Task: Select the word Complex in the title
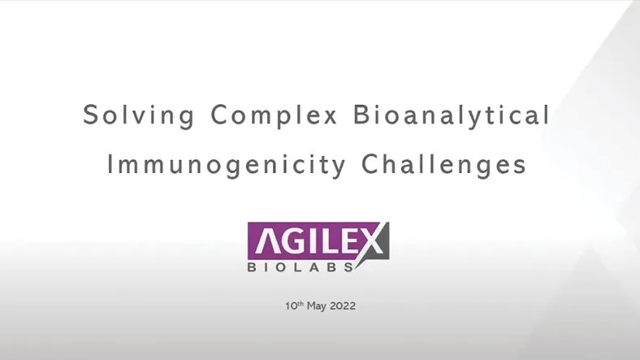275,115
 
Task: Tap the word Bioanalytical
452,115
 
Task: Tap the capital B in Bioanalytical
361,115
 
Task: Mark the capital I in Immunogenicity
112,165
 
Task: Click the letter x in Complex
331,116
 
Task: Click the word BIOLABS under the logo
301,267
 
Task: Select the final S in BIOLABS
349,267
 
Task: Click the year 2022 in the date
343,307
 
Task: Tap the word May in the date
317,307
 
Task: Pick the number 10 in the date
289,307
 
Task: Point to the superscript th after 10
298,305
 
